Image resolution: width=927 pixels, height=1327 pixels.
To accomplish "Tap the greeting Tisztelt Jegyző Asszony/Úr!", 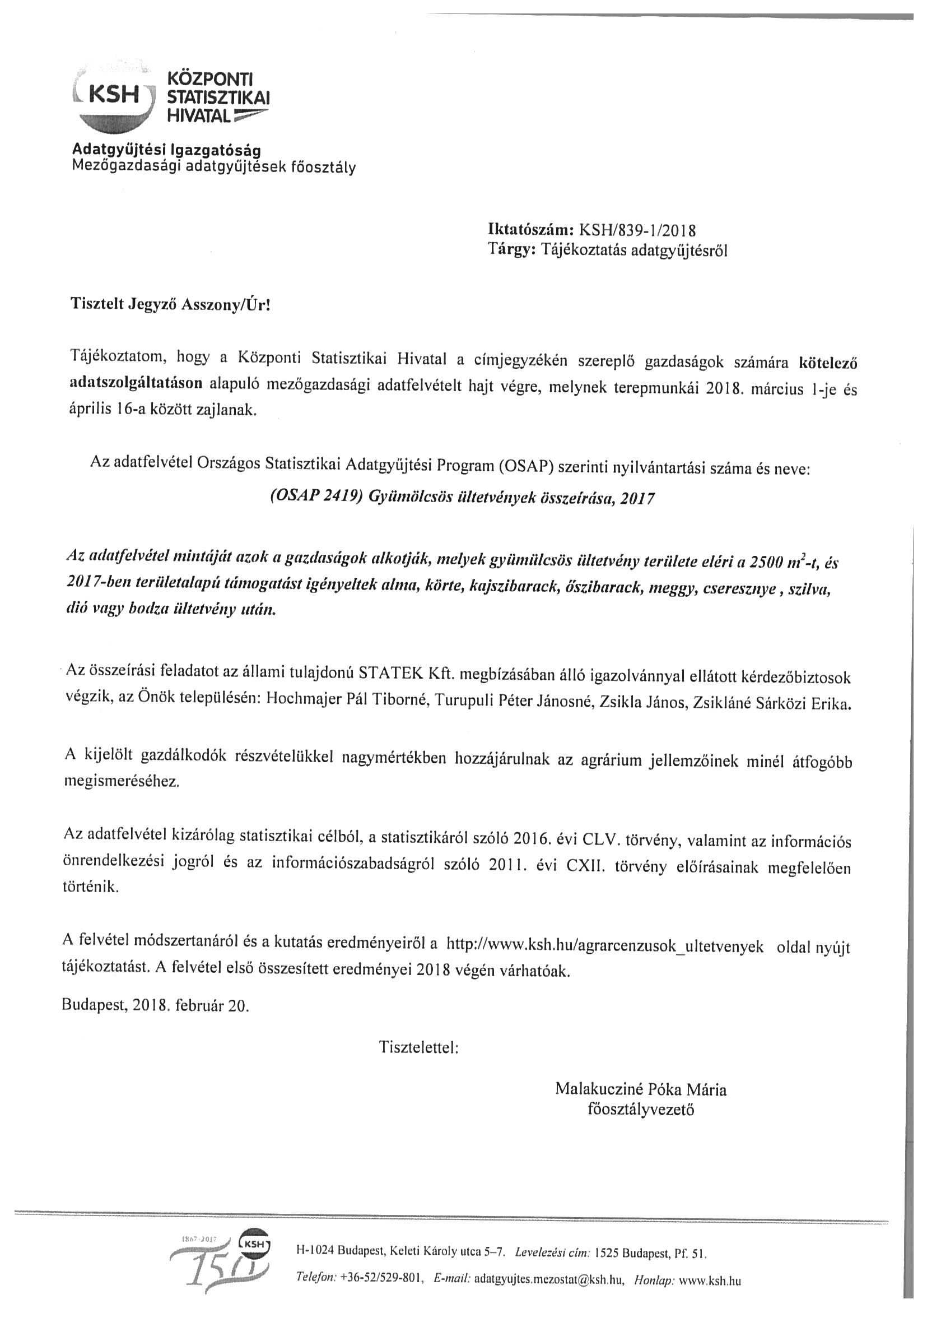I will [170, 305].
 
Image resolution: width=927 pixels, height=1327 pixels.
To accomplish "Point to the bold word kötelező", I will [828, 363].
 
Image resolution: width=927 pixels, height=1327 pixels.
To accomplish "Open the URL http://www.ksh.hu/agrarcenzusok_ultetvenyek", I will [605, 946].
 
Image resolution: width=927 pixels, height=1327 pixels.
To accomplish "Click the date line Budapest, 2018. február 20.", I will [155, 1006].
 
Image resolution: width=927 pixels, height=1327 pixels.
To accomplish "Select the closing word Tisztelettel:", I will [418, 1047].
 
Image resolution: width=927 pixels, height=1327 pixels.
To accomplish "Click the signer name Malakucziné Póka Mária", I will [641, 1089].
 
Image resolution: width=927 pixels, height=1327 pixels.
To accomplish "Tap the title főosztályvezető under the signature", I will [640, 1110].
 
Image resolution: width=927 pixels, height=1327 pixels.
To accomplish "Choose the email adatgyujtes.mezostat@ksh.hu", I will [549, 1279].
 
